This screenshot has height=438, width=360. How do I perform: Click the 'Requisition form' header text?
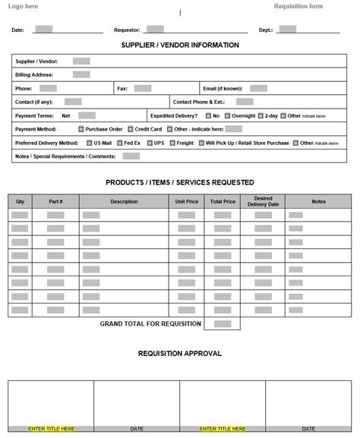(x=298, y=6)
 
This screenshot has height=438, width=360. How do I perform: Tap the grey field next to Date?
(x=44, y=30)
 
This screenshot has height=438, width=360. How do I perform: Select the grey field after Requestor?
(x=155, y=30)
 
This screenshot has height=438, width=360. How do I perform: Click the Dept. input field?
(x=287, y=30)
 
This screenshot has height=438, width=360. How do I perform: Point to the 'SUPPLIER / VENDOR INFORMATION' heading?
(x=180, y=46)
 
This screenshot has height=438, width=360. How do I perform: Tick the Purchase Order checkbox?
(x=81, y=129)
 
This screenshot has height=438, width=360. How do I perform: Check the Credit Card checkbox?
(x=131, y=129)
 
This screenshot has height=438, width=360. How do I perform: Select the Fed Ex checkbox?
(x=119, y=143)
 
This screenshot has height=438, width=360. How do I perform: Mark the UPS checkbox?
(x=150, y=143)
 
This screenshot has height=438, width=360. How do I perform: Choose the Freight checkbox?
(x=172, y=143)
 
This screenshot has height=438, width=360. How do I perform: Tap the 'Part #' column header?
(x=55, y=201)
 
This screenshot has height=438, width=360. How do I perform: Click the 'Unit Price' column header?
(x=186, y=201)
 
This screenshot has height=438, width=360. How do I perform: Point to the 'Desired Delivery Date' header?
(x=263, y=201)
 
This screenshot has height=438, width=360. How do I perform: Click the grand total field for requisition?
(x=223, y=324)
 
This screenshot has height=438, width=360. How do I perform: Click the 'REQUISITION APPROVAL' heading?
(x=180, y=353)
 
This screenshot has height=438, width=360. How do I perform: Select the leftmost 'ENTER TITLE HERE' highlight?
(x=51, y=428)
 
